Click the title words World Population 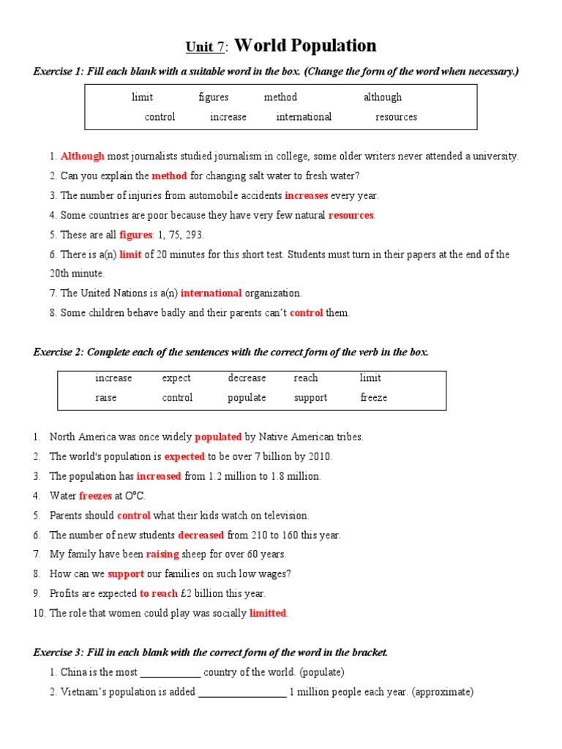tap(306, 46)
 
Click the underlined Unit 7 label tap(205, 48)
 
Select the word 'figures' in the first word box tap(213, 97)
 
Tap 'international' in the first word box tap(304, 117)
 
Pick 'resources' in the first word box tap(396, 117)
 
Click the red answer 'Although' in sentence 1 tap(83, 156)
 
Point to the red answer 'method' tap(169, 176)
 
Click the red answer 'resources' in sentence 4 tap(351, 215)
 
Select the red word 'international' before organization tap(211, 293)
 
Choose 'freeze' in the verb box tap(373, 398)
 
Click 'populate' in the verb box tap(247, 398)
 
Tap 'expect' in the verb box tap(176, 378)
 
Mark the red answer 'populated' tap(218, 437)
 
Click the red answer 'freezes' tap(95, 496)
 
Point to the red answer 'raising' tap(162, 554)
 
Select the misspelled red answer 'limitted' tap(268, 613)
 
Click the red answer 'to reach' tap(159, 593)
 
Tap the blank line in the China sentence tap(170, 673)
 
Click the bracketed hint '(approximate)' tap(443, 692)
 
